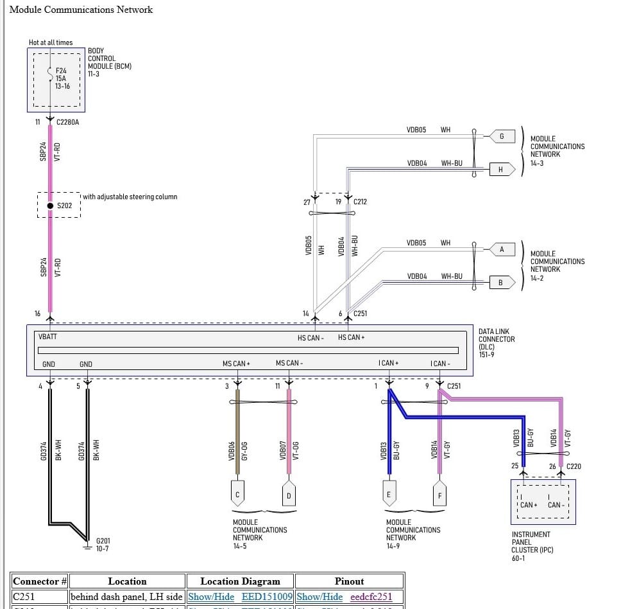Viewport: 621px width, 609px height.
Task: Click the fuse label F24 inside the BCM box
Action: (61, 71)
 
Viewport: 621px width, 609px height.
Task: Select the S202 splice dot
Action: (50, 206)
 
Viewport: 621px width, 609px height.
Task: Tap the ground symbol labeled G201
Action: (87, 548)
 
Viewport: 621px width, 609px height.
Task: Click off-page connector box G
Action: (502, 136)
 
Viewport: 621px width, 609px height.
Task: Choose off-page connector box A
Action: (502, 249)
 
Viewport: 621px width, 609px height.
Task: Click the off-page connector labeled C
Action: (238, 494)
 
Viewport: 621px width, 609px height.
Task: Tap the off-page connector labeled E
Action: (389, 494)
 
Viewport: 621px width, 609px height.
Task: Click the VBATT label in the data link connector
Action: (48, 337)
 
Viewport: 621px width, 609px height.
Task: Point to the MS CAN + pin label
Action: (236, 364)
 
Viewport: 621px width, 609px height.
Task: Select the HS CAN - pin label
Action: (310, 338)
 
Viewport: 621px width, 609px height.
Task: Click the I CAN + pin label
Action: (388, 364)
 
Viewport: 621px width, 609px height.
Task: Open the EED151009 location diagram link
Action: (267, 597)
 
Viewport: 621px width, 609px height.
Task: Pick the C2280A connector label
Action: (68, 122)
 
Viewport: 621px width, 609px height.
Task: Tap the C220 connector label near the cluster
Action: (574, 466)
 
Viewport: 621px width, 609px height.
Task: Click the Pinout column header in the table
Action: (349, 581)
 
